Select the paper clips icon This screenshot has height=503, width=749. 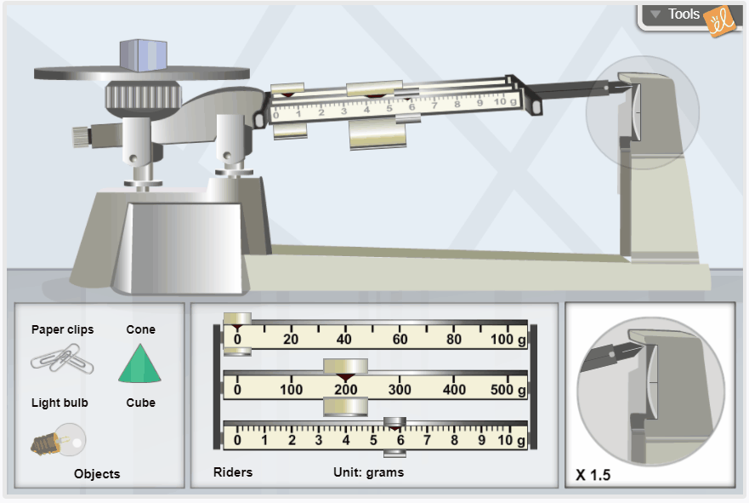click(x=62, y=361)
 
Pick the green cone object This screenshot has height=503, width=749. click(x=139, y=363)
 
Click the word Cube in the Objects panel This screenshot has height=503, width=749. click(x=141, y=403)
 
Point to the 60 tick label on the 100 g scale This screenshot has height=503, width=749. click(x=400, y=340)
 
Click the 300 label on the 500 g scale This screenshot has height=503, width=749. click(x=400, y=390)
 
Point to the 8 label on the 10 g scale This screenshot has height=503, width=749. click(x=454, y=440)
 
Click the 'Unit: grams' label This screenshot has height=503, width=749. click(x=368, y=472)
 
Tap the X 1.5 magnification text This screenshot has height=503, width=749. click(x=593, y=475)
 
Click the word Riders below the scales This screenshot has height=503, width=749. click(x=233, y=472)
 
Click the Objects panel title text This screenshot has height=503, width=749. click(x=97, y=474)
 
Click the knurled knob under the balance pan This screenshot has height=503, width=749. click(x=143, y=96)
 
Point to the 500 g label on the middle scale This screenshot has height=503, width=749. click(x=508, y=390)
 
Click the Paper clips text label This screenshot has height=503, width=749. click(x=63, y=329)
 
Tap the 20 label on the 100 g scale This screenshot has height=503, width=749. click(x=291, y=340)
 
